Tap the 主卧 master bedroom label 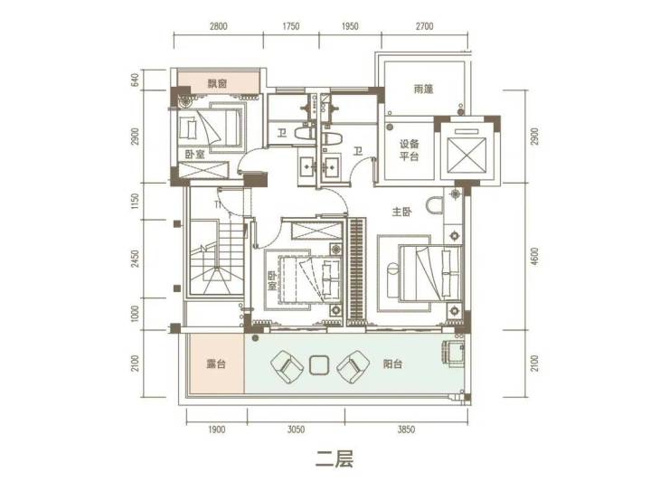click(401, 212)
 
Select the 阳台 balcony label click(392, 364)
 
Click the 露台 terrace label click(216, 364)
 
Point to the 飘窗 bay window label click(218, 83)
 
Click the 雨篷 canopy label click(423, 89)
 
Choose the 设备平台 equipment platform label click(410, 150)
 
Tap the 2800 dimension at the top click(218, 26)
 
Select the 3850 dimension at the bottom click(406, 430)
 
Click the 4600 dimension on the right click(534, 257)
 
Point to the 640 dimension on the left click(135, 81)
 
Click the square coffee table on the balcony click(318, 364)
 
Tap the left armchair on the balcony click(286, 366)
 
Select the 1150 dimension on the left click(135, 201)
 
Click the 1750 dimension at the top click(290, 26)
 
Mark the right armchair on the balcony click(353, 366)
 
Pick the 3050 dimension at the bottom click(296, 430)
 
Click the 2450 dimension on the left click(135, 259)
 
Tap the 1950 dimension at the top click(350, 26)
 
